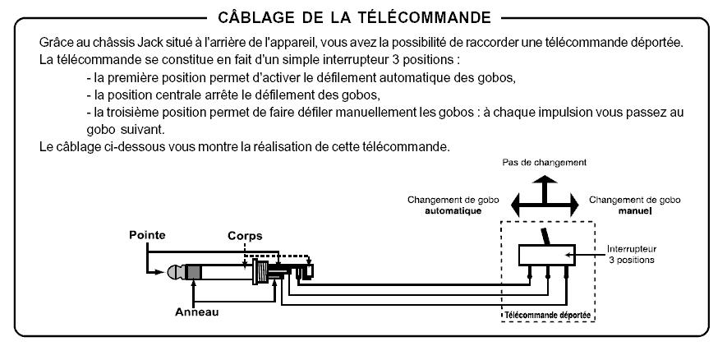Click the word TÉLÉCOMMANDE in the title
tap(425, 17)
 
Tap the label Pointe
tap(147, 235)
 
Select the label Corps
tap(245, 236)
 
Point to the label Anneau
tap(196, 312)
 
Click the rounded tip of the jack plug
tap(173, 272)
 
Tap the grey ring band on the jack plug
tap(192, 272)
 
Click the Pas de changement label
tap(545, 163)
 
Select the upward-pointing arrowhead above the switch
tap(545, 180)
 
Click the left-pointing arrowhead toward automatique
tap(516, 204)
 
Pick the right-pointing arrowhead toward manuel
tap(574, 204)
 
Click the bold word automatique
tap(453, 211)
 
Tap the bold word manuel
tap(635, 211)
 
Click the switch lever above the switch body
tap(546, 237)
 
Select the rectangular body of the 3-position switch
tap(546, 255)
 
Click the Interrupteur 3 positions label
tap(632, 254)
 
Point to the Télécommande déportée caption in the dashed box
tap(548, 316)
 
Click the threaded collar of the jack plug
tap(261, 272)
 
